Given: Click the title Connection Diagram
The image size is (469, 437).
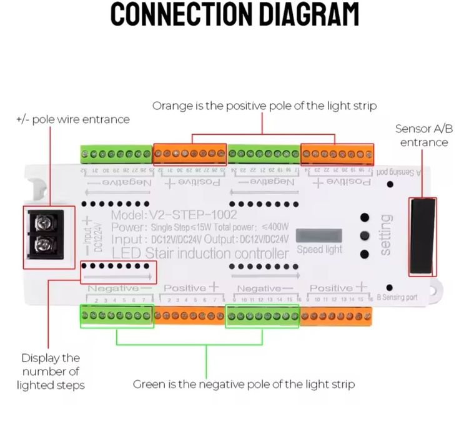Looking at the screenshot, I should pyautogui.click(x=235, y=14).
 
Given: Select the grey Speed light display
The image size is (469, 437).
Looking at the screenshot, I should pyautogui.click(x=318, y=235).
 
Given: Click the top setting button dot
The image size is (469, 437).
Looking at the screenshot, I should pyautogui.click(x=365, y=218).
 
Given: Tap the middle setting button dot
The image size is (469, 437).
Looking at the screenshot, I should pyautogui.click(x=365, y=236).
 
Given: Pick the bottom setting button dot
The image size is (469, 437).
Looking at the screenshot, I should pyautogui.click(x=365, y=253).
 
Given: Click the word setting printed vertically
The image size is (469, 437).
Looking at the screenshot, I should pyautogui.click(x=385, y=235).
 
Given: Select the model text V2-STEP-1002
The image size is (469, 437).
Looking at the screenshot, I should pyautogui.click(x=174, y=215).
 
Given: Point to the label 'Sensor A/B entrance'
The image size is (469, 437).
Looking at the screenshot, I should pyautogui.click(x=423, y=135).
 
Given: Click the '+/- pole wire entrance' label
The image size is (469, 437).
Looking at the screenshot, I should pyautogui.click(x=72, y=119).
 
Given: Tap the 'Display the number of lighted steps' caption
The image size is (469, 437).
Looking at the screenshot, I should pyautogui.click(x=51, y=371).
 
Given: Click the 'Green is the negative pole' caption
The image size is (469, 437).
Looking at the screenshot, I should pyautogui.click(x=244, y=384).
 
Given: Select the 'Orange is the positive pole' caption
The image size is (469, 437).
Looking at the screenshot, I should pyautogui.click(x=264, y=106).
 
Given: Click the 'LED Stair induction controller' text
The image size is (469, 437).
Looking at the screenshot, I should pyautogui.click(x=200, y=253).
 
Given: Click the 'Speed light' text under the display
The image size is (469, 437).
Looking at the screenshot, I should pyautogui.click(x=319, y=250).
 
